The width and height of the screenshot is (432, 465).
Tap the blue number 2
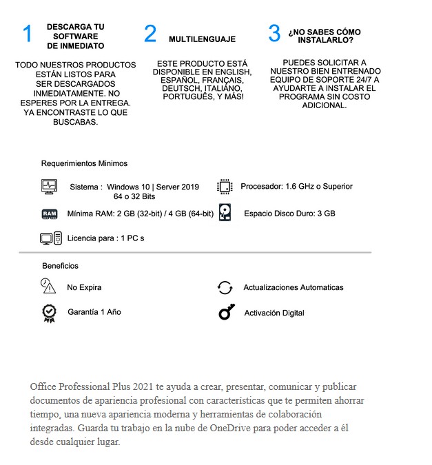click(x=150, y=34)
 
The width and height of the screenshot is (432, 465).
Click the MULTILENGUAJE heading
click(x=202, y=39)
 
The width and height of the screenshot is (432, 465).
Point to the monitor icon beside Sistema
click(x=49, y=186)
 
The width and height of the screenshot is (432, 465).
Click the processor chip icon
click(x=225, y=186)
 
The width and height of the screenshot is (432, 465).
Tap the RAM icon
click(x=50, y=214)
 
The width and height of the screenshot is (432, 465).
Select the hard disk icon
click(x=225, y=213)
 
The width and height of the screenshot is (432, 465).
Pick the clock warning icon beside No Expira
click(x=48, y=285)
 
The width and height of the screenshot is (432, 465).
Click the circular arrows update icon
click(x=225, y=287)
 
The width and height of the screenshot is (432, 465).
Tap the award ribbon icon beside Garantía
click(x=49, y=313)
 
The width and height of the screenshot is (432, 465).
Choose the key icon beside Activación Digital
click(x=226, y=313)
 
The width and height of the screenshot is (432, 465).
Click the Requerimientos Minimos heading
click(x=84, y=164)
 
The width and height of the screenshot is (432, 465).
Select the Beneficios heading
click(x=61, y=266)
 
